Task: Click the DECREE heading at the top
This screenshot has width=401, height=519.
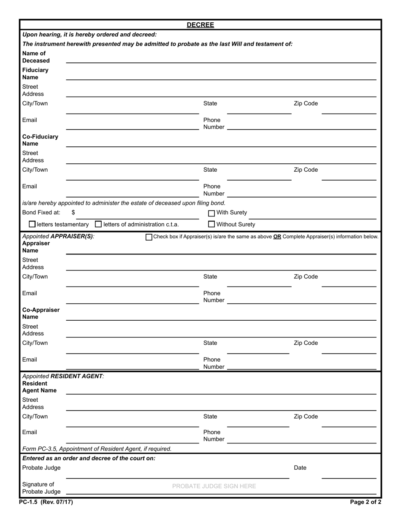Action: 200,25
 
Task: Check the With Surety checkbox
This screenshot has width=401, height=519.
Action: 212,213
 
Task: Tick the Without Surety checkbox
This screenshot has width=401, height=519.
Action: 212,224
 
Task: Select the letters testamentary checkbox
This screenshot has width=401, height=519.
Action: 32,224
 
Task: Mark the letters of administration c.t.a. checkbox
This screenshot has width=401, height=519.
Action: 98,224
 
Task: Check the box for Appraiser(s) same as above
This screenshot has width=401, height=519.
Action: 149,237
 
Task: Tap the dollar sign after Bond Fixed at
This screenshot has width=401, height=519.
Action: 73,213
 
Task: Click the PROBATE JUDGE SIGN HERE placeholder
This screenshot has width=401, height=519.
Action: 214,486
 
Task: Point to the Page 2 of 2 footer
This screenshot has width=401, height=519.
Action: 366,502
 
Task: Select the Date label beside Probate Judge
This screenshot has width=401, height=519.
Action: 300,468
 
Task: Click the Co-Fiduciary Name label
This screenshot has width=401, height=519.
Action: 40,140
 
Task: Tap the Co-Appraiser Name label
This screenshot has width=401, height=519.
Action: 41,313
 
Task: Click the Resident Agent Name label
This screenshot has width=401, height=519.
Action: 39,387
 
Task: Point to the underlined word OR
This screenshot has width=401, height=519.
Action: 277,237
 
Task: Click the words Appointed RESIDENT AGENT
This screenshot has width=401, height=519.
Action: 63,376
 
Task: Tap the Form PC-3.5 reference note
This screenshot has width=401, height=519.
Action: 97,449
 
